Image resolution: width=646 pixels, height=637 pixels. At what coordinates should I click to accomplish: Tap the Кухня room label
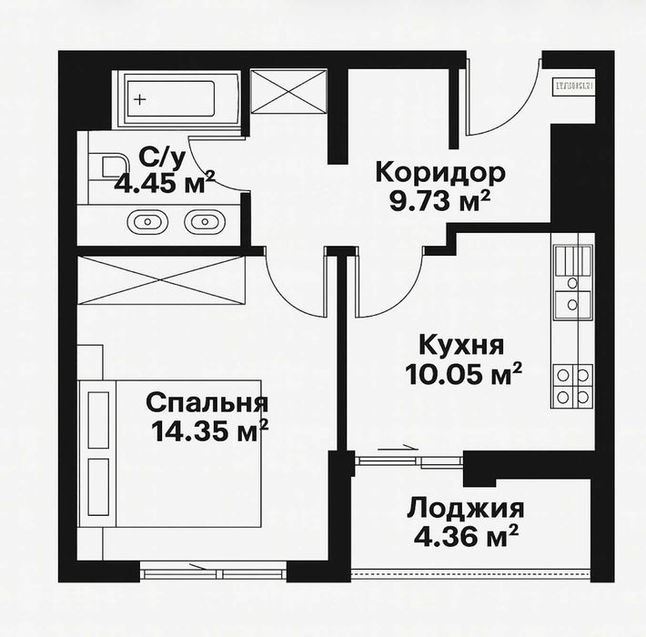(461, 345)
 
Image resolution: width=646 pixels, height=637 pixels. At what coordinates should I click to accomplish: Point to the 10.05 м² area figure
(464, 373)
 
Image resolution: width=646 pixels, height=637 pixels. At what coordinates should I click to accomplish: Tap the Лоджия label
(465, 507)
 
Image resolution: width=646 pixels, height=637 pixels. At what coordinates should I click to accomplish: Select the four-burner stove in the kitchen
(573, 385)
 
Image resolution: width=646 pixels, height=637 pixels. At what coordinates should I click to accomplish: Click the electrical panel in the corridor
(573, 85)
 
